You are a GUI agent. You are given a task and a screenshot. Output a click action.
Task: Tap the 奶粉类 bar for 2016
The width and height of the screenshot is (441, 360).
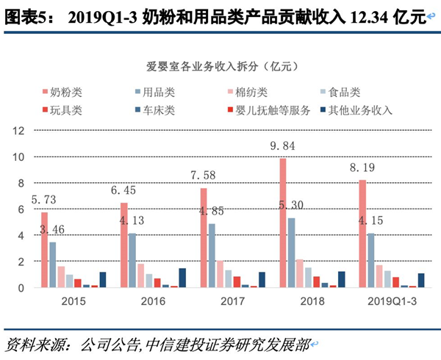tap(123, 245)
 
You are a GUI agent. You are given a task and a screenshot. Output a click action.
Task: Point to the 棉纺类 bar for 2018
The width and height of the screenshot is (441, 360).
tap(298, 273)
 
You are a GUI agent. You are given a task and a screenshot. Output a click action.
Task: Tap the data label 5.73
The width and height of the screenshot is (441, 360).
tap(45, 201)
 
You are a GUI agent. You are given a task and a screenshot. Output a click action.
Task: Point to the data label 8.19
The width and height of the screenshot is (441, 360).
tap(363, 168)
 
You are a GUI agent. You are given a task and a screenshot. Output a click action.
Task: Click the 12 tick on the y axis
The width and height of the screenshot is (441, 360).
tap(20, 131)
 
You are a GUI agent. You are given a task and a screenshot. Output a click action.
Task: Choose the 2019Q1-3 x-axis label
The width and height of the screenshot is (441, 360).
tap(387, 301)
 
